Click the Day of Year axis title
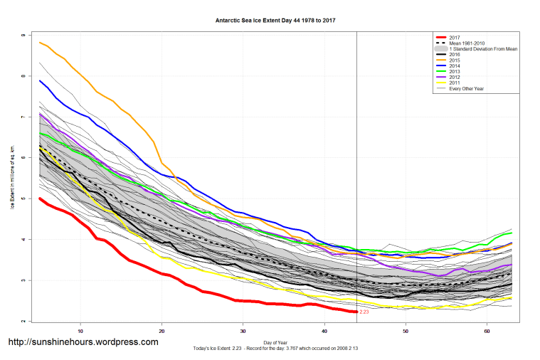275,343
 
